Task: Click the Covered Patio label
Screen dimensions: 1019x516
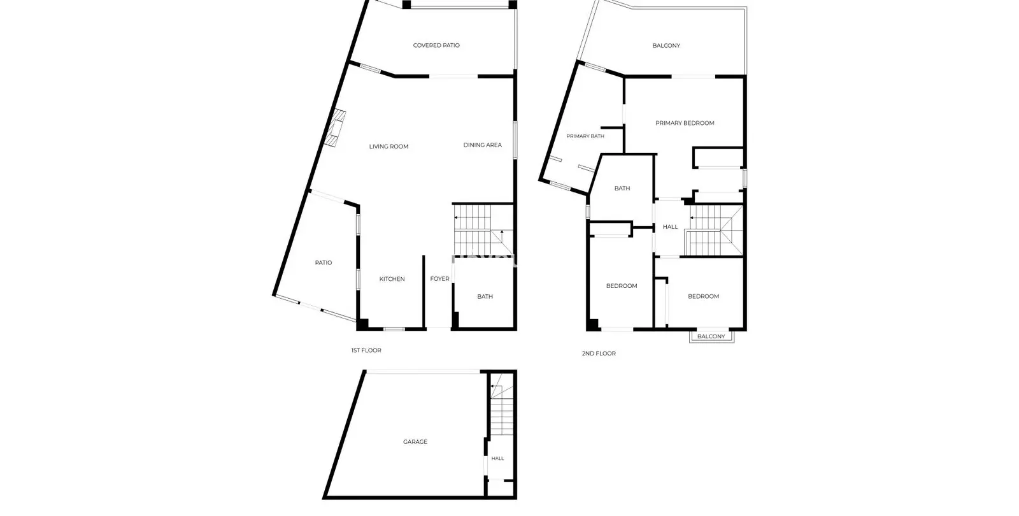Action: [x=436, y=45]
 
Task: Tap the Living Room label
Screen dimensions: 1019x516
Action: [x=388, y=147]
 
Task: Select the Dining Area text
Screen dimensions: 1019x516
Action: [x=483, y=145]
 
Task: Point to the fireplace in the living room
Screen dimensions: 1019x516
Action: [x=335, y=128]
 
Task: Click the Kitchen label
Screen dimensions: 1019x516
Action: [x=392, y=279]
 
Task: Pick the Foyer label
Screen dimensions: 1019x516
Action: [x=440, y=279]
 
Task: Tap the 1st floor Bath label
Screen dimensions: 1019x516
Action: [x=485, y=297]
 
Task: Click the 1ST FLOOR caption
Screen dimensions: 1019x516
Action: [x=366, y=350]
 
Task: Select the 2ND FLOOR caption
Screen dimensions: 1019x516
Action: [x=599, y=354]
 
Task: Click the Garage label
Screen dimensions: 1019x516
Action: [x=415, y=442]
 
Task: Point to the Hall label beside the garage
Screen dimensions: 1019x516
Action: [x=497, y=459]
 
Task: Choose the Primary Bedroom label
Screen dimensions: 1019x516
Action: [x=685, y=124]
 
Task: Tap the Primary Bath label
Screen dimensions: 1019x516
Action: [x=585, y=136]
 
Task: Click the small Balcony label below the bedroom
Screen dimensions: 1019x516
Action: [x=711, y=337]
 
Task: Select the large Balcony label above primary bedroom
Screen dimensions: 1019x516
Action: [x=666, y=45]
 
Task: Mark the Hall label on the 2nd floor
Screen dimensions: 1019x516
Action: [x=670, y=227]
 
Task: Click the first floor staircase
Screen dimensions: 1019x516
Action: [x=483, y=230]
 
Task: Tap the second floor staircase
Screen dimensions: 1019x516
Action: [x=714, y=230]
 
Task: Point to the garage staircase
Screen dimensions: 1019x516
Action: [x=501, y=404]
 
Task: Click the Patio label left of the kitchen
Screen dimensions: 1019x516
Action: [x=324, y=263]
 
